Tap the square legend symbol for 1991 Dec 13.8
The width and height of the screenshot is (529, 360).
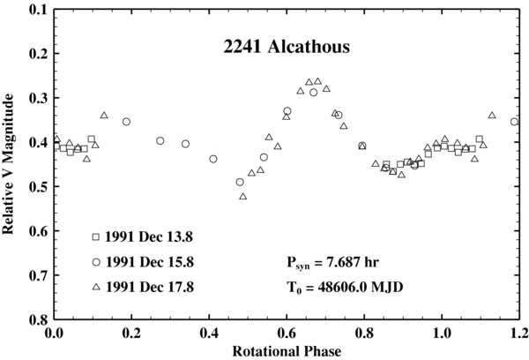pos(96,236)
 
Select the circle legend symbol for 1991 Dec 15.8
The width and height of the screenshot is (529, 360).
pos(96,262)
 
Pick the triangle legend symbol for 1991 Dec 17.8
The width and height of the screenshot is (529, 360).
pos(96,287)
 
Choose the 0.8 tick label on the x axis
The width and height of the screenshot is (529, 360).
pos(362,333)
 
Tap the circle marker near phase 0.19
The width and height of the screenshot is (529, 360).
pos(126,122)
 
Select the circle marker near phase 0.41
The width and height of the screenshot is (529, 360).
pos(213,159)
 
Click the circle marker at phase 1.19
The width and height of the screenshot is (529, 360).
pos(514,122)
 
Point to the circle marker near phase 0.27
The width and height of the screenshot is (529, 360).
pos(160,140)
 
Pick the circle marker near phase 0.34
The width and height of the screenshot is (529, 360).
pos(185,144)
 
